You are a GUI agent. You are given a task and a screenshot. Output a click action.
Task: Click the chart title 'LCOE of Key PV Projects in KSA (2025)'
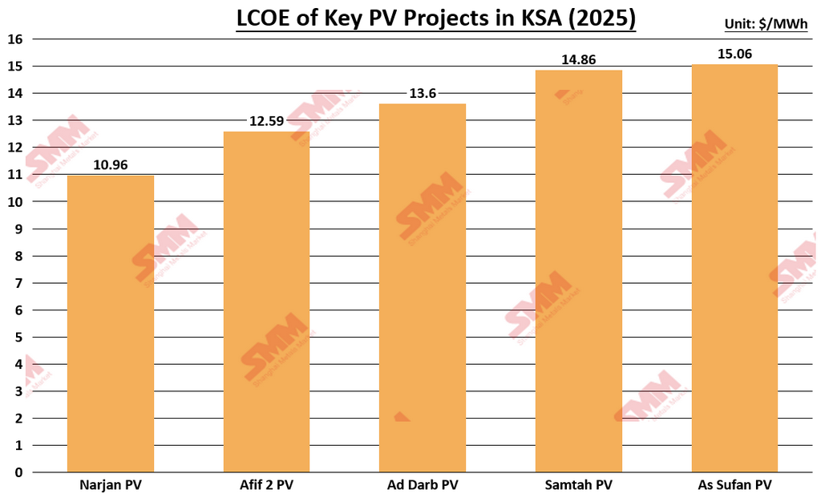click(435, 17)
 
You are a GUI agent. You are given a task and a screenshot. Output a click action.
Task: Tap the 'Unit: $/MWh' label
click(766, 24)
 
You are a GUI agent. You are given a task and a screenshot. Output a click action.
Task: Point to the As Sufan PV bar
click(734, 268)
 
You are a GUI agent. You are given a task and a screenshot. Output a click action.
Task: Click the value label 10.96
click(111, 165)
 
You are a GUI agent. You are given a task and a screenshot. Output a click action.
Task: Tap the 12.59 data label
click(266, 122)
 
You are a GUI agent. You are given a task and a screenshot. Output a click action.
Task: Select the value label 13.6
click(423, 94)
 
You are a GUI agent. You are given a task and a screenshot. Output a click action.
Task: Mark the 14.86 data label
click(578, 60)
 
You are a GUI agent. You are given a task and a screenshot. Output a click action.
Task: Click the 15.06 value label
click(734, 55)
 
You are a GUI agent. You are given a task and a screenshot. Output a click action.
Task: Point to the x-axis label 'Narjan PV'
click(111, 485)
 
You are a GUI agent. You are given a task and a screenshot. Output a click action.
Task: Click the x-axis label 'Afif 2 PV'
click(266, 485)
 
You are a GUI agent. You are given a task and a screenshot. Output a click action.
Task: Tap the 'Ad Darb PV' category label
click(423, 485)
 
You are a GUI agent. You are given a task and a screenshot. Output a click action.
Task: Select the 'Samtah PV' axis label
click(578, 485)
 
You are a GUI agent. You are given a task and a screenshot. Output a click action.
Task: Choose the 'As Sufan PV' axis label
click(734, 485)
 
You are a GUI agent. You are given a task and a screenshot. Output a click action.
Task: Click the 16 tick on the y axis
click(14, 39)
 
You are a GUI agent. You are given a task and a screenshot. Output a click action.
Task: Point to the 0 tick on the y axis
click(18, 472)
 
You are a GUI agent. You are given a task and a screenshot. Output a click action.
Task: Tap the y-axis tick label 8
click(18, 256)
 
